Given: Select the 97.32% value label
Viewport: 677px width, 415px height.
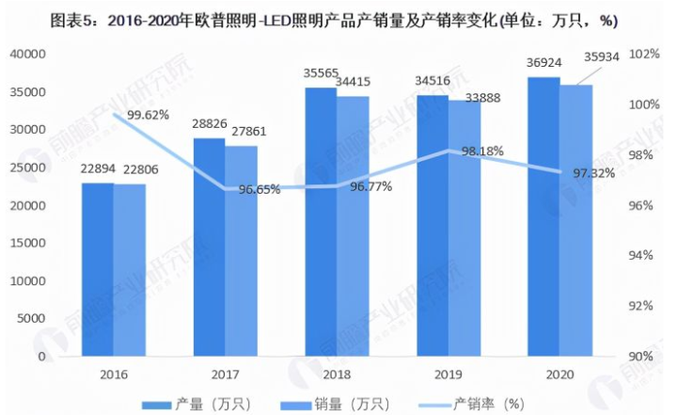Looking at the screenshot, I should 595,173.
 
